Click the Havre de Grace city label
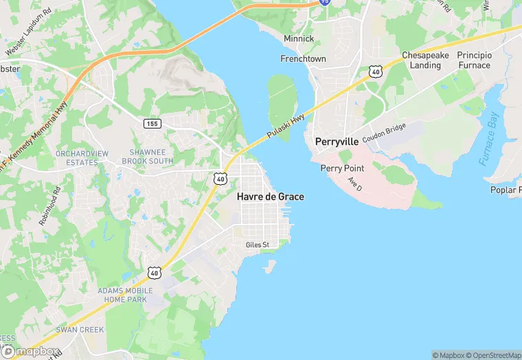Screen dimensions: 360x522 pos(270,196)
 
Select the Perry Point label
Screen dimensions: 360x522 pos(342,168)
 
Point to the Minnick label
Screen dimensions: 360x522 pos(299,39)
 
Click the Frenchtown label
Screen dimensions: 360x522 pos(303,59)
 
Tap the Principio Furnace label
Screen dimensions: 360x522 pos(475,60)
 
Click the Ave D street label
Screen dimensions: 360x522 pos(354,184)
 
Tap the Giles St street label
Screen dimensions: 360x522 pos(258,245)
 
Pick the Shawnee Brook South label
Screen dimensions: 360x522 pos(147,156)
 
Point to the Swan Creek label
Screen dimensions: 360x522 pos(80,330)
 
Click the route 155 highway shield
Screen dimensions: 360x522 pos(152,123)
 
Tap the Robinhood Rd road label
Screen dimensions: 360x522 pos(51,207)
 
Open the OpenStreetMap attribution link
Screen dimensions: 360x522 pos(492,355)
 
